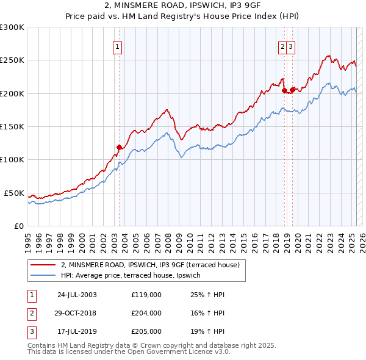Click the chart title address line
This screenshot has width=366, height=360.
pyautogui.click(x=182, y=6)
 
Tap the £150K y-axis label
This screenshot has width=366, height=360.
pyautogui.click(x=12, y=126)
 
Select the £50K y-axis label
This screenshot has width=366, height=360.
pyautogui.click(x=14, y=193)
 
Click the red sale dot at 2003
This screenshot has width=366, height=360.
pyautogui.click(x=120, y=146)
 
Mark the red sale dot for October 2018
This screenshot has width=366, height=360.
pyautogui.click(x=284, y=90)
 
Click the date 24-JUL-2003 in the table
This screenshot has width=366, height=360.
pyautogui.click(x=77, y=295)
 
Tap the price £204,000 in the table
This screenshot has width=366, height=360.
pyautogui.click(x=146, y=313)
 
